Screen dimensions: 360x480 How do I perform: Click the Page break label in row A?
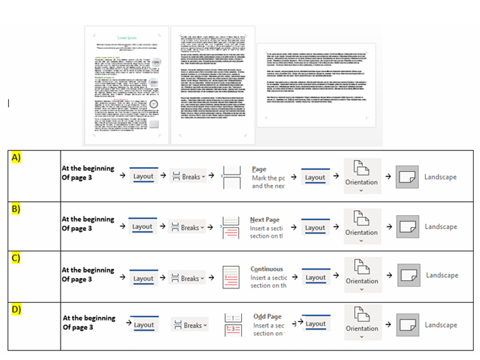[259, 169]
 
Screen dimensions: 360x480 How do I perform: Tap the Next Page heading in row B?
[264, 220]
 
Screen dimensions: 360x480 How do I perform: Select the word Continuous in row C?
[267, 269]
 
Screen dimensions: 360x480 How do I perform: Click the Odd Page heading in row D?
[268, 317]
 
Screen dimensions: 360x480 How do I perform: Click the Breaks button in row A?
[187, 177]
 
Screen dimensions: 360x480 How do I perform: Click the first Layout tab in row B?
[142, 226]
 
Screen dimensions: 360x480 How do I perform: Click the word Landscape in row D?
[441, 325]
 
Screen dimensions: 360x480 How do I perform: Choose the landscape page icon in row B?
[407, 227]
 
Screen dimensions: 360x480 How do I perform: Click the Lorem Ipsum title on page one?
[127, 38]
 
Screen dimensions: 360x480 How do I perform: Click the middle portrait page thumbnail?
[213, 85]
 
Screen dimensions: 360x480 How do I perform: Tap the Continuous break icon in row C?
[231, 277]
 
